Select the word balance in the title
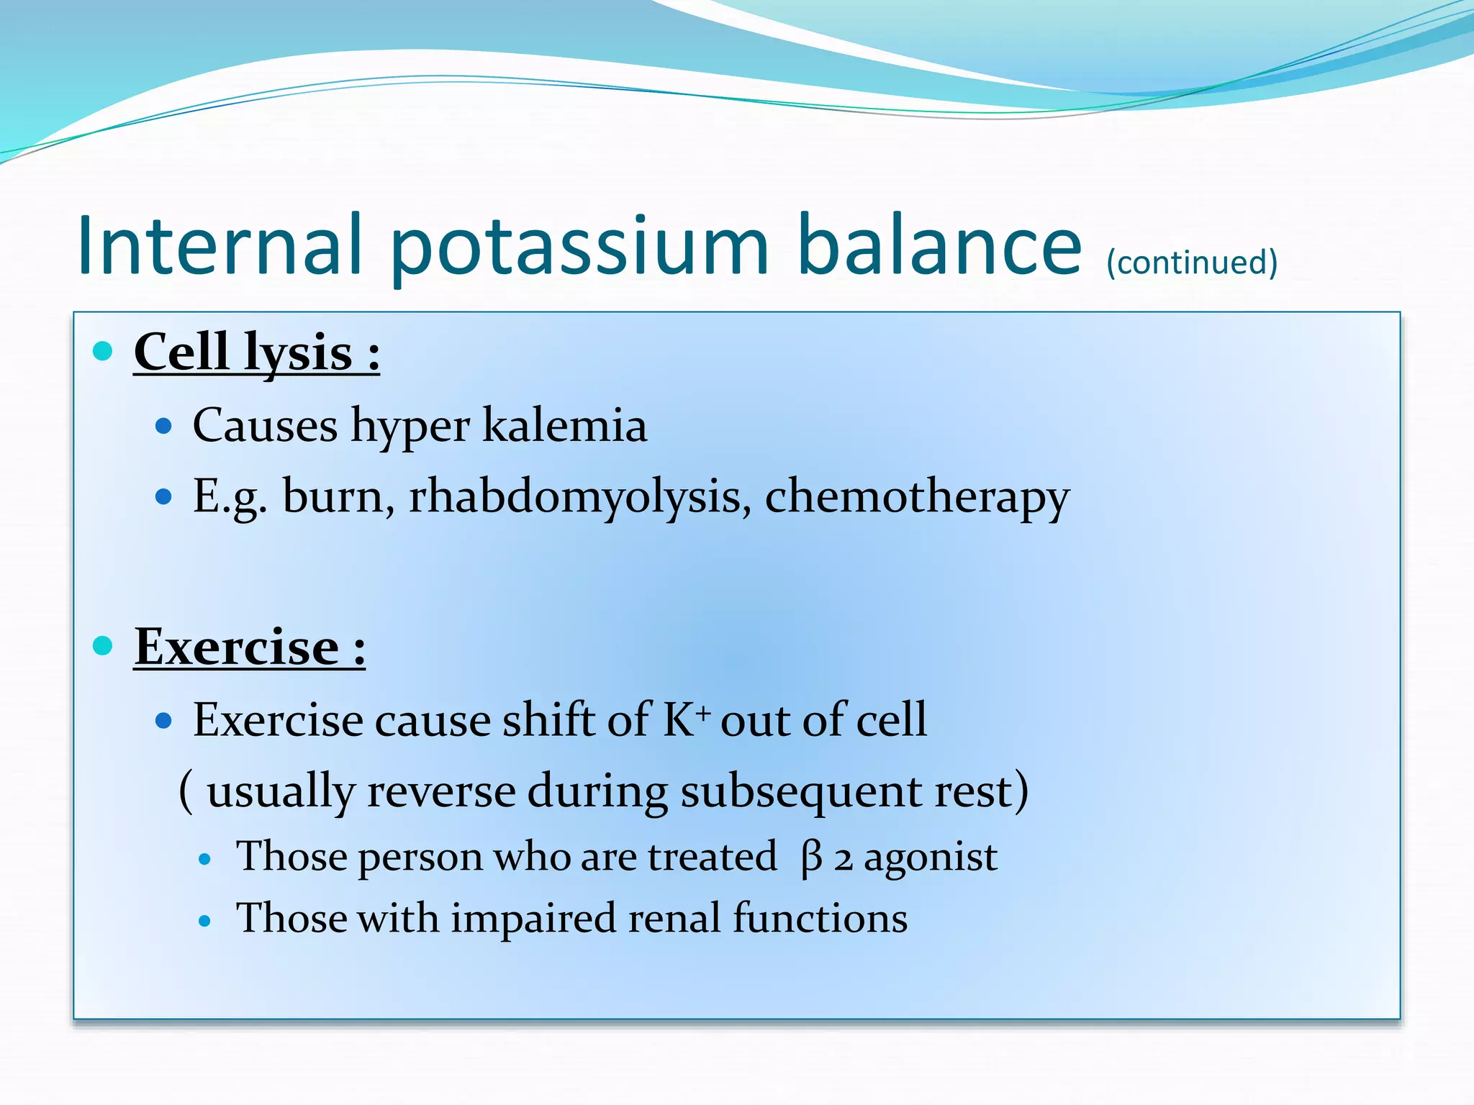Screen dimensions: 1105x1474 click(939, 246)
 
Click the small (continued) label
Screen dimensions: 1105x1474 click(1192, 263)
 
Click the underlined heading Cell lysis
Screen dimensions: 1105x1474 click(256, 353)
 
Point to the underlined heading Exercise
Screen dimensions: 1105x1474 click(249, 647)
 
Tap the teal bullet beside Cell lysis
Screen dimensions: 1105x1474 click(104, 351)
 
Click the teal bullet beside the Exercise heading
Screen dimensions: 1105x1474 click(104, 645)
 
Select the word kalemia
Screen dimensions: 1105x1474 click(564, 425)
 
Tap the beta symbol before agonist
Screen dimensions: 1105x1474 click(811, 858)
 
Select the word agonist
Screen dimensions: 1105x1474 click(930, 858)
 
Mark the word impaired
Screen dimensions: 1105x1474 click(533, 919)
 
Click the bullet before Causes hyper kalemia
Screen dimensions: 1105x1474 click(164, 426)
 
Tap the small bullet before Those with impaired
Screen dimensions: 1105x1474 click(205, 920)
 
